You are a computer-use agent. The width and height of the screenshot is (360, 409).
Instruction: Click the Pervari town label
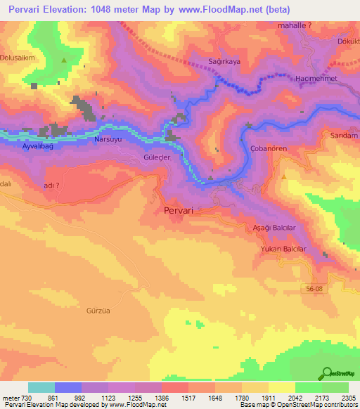coord(178,210)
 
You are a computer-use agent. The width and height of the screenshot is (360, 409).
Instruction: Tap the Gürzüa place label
coord(99,310)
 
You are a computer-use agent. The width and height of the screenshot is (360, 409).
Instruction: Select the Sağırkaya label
coord(224,62)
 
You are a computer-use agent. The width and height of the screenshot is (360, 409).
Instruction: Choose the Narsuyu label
coord(108,140)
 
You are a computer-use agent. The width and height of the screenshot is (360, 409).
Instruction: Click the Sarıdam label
coord(345,134)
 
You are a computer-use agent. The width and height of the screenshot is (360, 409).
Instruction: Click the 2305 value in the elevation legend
coord(347,398)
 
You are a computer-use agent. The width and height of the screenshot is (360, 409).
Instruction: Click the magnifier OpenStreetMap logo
coord(326,372)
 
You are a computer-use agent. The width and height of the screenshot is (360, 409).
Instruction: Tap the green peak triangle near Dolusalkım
coord(65,60)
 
